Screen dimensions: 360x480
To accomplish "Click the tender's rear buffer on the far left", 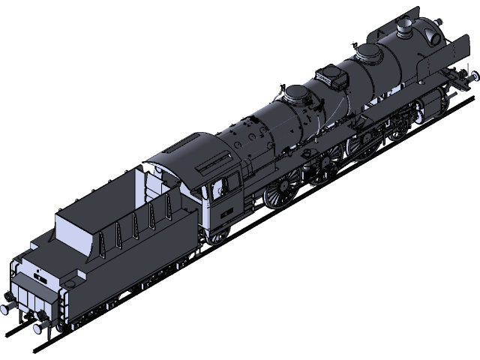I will tap(9, 306).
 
